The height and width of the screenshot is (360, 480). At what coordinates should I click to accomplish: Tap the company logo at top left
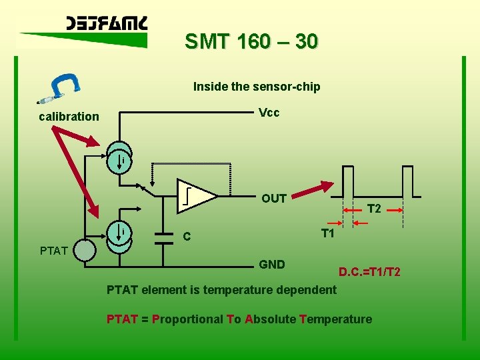tap(107, 25)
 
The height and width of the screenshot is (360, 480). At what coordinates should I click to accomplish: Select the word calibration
tap(69, 117)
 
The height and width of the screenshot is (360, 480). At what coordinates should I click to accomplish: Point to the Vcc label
tap(269, 113)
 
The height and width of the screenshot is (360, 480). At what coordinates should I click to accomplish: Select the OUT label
tap(274, 199)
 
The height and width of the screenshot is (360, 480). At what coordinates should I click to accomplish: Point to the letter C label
tap(187, 237)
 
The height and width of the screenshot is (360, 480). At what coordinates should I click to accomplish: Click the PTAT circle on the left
tap(85, 251)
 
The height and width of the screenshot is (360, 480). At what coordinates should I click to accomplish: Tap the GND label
tap(272, 265)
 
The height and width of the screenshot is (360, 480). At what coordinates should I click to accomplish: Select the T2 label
tap(374, 209)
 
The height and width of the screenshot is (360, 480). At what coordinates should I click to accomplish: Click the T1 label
tap(327, 233)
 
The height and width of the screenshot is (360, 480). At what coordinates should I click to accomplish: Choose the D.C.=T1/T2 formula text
tap(369, 273)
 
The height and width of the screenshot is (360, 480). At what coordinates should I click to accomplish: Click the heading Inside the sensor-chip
tap(257, 87)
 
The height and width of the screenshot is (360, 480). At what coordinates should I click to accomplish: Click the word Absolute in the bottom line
tap(270, 319)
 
